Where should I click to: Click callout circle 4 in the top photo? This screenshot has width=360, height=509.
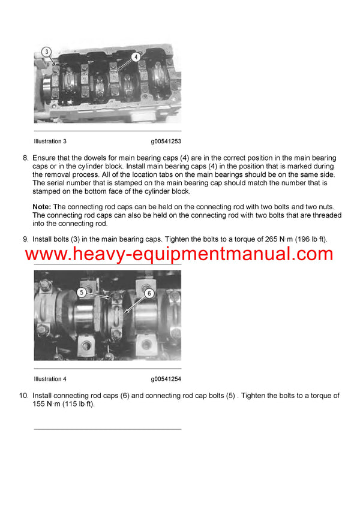pos(136,57)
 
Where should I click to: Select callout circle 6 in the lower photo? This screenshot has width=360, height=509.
pos(149,293)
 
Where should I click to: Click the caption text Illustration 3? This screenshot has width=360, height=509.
pos(50,141)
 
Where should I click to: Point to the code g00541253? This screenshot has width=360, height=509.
pos(166,141)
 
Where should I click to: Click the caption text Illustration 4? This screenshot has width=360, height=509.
pos(50,379)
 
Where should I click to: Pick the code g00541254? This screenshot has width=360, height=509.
pos(166,379)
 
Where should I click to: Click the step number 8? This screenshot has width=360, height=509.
pos(25,158)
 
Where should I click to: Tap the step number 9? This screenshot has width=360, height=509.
pos(25,239)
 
